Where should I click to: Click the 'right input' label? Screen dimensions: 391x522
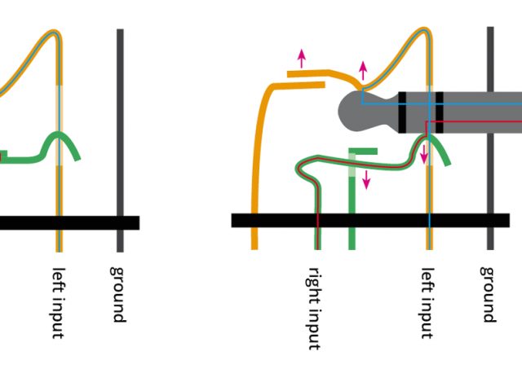tap(316, 308)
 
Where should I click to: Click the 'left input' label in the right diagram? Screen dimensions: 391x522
tap(427, 302)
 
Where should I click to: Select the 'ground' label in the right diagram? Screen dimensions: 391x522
tap(488, 293)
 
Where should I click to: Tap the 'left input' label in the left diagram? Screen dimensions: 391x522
tap(58, 302)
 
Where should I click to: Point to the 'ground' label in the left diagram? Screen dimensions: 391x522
tap(118, 293)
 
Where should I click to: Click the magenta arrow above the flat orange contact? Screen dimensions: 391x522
tap(302, 59)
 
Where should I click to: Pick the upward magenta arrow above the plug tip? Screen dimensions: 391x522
tap(363, 70)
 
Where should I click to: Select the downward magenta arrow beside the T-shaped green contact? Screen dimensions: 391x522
tap(366, 179)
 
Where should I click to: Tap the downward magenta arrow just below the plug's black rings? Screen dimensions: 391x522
tap(424, 152)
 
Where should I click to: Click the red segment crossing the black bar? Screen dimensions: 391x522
tap(317, 220)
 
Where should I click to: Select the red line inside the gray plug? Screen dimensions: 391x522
tap(473, 122)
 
